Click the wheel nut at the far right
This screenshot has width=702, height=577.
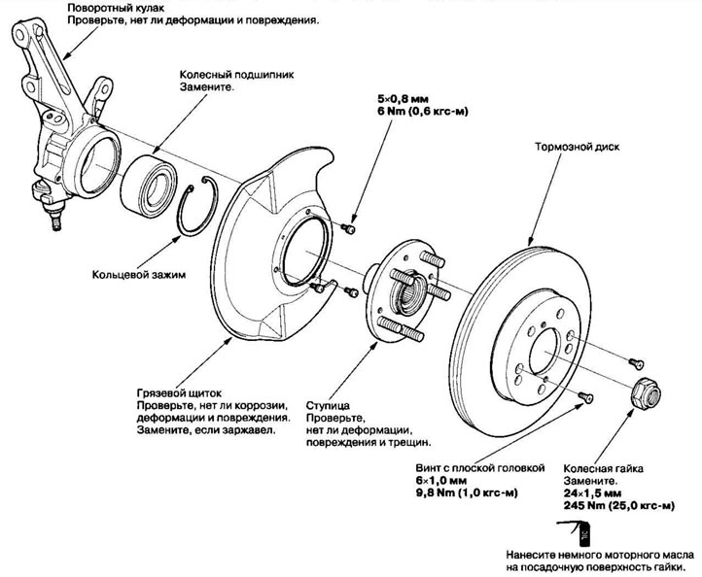[646, 392]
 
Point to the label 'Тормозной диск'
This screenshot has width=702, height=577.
[578, 147]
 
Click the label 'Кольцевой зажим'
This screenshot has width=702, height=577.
[139, 274]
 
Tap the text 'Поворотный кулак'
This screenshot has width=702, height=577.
[116, 8]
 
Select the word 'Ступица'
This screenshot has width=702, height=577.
[328, 406]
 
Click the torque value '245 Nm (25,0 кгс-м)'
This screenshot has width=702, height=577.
[619, 506]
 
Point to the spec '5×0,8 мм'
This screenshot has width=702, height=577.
[403, 99]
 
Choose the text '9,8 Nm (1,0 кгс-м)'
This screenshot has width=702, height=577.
[467, 492]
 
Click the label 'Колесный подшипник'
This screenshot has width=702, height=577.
[237, 74]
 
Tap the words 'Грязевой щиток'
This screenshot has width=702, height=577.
[179, 393]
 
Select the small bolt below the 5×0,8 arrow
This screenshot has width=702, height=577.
[349, 229]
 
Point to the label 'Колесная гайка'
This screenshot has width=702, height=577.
[603, 468]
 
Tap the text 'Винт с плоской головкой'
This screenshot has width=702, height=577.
[480, 468]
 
